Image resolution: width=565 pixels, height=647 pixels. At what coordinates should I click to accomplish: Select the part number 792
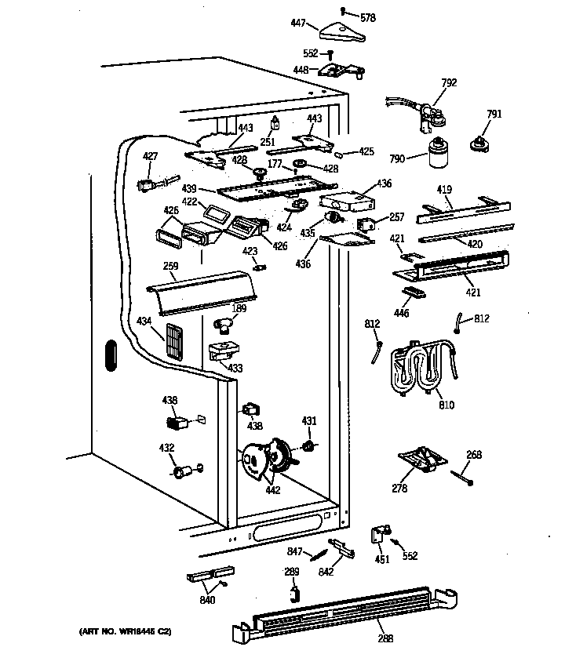pyautogui.click(x=449, y=82)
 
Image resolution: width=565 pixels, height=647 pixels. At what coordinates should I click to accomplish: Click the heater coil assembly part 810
pyautogui.click(x=420, y=368)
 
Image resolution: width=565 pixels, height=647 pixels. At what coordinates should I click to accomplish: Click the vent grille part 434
pyautogui.click(x=173, y=340)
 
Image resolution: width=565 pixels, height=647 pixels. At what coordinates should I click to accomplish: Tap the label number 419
pyautogui.click(x=445, y=189)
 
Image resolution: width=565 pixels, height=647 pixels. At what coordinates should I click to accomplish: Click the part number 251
pyautogui.click(x=268, y=141)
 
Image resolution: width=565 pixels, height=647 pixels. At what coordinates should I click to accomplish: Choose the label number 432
pyautogui.click(x=166, y=449)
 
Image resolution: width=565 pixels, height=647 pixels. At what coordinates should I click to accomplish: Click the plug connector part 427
pyautogui.click(x=148, y=185)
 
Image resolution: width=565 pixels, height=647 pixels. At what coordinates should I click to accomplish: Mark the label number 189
pyautogui.click(x=240, y=308)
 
